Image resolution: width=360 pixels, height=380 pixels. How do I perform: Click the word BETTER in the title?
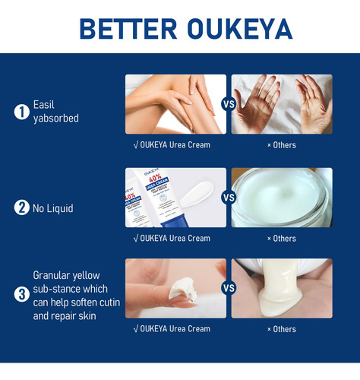[128, 29]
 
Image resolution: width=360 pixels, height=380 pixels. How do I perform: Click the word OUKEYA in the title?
[240, 29]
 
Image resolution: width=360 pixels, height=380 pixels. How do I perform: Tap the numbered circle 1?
[22, 112]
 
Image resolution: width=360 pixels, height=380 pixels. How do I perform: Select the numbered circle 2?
[22, 207]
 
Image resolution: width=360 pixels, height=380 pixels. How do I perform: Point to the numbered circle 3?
[22, 294]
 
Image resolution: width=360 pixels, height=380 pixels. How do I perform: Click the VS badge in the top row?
[229, 104]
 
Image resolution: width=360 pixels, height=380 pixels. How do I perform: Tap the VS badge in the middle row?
[229, 198]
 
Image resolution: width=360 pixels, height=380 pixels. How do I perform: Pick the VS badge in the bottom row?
[229, 288]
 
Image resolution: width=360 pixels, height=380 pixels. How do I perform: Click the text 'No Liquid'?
[53, 208]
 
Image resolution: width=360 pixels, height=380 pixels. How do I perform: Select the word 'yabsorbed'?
[56, 119]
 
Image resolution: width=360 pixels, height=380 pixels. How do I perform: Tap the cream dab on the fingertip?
[183, 290]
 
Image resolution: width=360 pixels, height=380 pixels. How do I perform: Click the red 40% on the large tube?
[155, 178]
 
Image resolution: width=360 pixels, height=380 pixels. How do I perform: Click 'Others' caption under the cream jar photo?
[282, 239]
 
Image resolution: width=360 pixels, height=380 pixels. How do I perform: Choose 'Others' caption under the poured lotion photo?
[282, 329]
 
